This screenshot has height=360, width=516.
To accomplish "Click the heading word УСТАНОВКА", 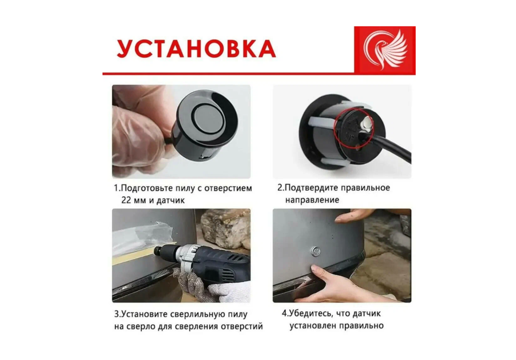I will click(196, 49).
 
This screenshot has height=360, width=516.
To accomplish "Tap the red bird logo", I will click(384, 50).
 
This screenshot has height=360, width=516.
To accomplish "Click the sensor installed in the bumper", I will click(316, 252).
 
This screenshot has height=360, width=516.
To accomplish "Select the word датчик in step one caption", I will click(169, 200).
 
